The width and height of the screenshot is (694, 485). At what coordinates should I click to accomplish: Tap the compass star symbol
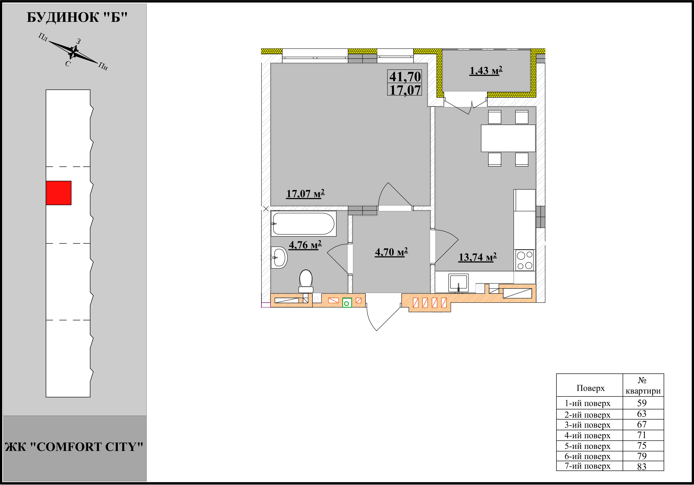(x=73, y=52)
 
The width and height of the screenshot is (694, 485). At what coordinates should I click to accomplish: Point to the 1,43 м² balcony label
(x=486, y=71)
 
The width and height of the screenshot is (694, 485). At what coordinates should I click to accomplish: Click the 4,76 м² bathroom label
(x=305, y=245)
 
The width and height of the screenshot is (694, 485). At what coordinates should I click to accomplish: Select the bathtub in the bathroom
(x=303, y=224)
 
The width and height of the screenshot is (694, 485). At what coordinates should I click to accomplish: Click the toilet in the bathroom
(x=306, y=281)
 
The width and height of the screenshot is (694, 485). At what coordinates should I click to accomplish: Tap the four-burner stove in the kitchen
(x=525, y=260)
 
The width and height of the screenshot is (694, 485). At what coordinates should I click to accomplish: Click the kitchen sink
(x=458, y=283)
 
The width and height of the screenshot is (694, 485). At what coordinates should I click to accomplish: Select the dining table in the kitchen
(x=508, y=138)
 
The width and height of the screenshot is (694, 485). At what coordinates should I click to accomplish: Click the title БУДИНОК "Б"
(x=77, y=18)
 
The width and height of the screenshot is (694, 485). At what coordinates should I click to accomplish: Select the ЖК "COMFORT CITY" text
(x=74, y=447)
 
